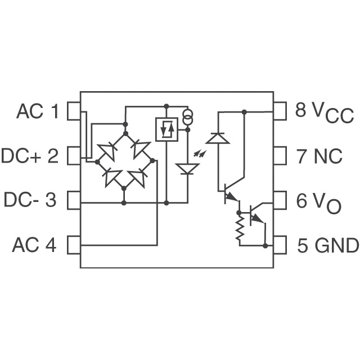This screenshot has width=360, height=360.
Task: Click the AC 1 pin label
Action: (37, 111)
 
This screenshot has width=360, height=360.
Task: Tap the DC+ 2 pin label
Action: (30, 156)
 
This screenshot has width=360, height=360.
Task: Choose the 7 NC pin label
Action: (319, 156)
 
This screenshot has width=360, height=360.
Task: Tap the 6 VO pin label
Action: (319, 201)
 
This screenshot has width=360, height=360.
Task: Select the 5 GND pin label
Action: (327, 245)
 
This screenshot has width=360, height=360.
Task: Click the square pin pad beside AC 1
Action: (74, 111)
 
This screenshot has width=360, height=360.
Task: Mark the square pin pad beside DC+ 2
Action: (74, 156)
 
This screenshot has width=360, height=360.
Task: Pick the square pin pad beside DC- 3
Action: (74, 200)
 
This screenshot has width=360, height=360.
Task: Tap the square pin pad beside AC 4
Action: (74, 245)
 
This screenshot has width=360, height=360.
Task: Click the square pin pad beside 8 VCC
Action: (280, 111)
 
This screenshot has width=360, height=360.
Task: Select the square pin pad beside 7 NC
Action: (280, 156)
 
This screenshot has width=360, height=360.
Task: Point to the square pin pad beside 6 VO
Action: (280, 200)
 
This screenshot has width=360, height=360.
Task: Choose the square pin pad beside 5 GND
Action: (280, 245)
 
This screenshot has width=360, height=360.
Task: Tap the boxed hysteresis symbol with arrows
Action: (166, 129)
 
